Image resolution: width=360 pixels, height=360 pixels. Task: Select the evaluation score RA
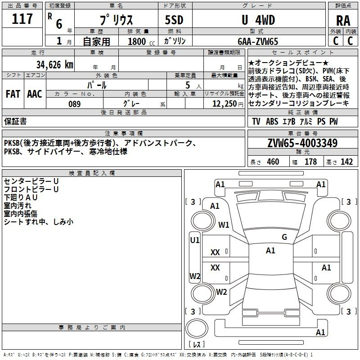pos(343,21)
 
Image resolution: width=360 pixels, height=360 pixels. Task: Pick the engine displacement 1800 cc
pos(139,41)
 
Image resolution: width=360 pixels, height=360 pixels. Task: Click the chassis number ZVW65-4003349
pos(302,144)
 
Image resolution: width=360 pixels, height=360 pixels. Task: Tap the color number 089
pos(74,104)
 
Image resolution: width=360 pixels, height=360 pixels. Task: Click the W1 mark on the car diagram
pos(224,225)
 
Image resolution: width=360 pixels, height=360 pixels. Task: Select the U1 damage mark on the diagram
pos(195,240)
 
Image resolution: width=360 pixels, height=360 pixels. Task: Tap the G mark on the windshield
pos(284,237)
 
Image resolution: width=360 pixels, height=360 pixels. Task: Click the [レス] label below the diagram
pos(196,345)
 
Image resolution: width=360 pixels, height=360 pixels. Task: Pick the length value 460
pos(273,162)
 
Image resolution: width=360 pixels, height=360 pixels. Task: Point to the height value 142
pos(346,162)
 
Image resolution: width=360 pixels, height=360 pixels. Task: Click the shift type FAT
pos(13,94)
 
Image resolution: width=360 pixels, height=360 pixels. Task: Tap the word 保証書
pos(15,121)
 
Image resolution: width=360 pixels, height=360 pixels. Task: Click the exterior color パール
pos(97,85)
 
